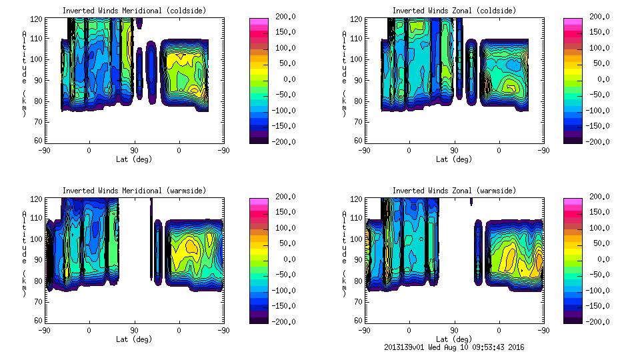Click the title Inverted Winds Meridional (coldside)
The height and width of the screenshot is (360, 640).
click(134, 11)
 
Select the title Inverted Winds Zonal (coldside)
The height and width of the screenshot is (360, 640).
click(454, 11)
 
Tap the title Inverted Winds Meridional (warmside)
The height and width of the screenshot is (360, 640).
click(134, 191)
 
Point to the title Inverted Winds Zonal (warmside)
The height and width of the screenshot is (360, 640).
click(454, 191)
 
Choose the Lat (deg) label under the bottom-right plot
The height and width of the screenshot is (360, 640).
click(454, 339)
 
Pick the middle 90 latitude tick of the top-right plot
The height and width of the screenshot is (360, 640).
click(454, 151)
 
